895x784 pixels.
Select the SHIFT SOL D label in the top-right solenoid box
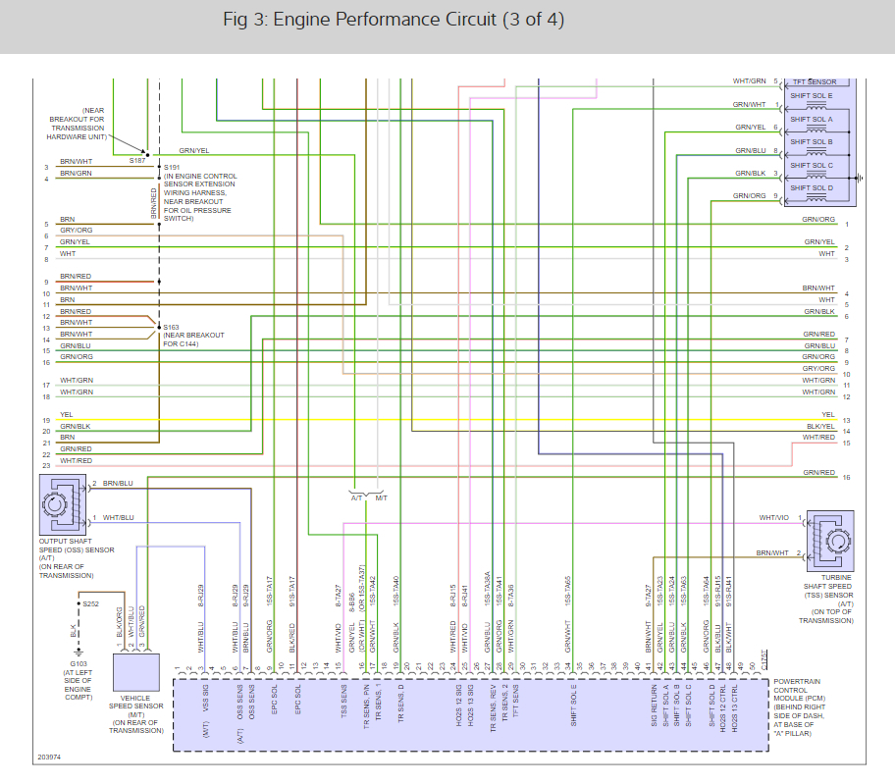pyautogui.click(x=811, y=187)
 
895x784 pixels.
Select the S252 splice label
pyautogui.click(x=91, y=603)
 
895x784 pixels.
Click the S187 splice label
pyautogui.click(x=136, y=159)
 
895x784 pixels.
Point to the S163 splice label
pyautogui.click(x=172, y=327)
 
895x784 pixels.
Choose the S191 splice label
pyautogui.click(x=172, y=167)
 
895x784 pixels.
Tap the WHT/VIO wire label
pyautogui.click(x=772, y=517)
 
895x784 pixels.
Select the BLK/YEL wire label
pyautogui.click(x=819, y=428)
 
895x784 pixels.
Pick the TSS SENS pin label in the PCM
pyautogui.click(x=343, y=705)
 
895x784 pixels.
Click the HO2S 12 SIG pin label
pyautogui.click(x=457, y=704)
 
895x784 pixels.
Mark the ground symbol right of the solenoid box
pyautogui.click(x=860, y=178)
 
